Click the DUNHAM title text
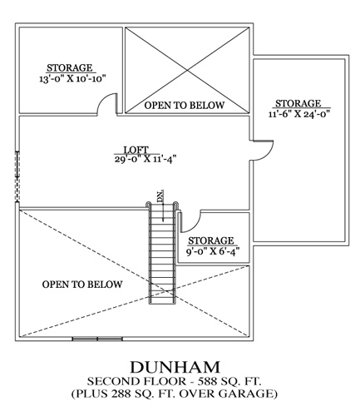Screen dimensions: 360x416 point(175,367)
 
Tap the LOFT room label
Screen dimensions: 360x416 point(136,150)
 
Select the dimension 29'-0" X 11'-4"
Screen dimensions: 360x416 point(145,159)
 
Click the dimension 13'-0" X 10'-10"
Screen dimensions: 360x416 point(73,79)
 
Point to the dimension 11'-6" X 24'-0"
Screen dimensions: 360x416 point(300,114)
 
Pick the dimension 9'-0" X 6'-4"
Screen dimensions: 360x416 point(213,252)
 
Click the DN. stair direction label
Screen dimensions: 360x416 point(160,196)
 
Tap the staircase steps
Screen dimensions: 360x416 point(162,253)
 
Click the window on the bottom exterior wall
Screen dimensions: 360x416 point(97,339)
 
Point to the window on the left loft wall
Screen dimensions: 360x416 point(17,176)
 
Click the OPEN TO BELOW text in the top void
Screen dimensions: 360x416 point(185,105)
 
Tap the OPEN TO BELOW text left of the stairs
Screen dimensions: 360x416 point(82,285)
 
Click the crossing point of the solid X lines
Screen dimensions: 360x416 point(187,70)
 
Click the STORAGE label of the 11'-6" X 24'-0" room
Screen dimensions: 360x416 point(298,103)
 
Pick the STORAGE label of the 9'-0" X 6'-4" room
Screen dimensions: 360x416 point(211,240)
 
